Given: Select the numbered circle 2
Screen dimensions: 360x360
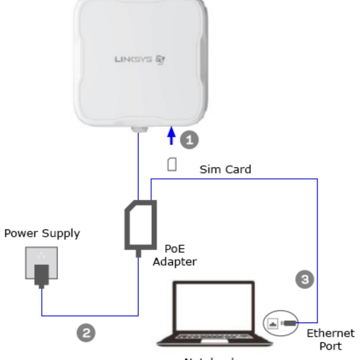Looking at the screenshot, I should click(86, 333).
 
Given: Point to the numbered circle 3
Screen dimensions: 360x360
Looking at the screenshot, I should click(306, 280).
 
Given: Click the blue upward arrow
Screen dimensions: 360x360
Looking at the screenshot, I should click(171, 136).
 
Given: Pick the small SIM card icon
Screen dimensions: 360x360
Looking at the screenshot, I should click(172, 164).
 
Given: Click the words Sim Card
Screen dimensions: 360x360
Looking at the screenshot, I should click(225, 169).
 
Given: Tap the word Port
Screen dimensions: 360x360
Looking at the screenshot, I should click(330, 346).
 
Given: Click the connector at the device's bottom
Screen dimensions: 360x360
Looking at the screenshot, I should click(139, 129).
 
